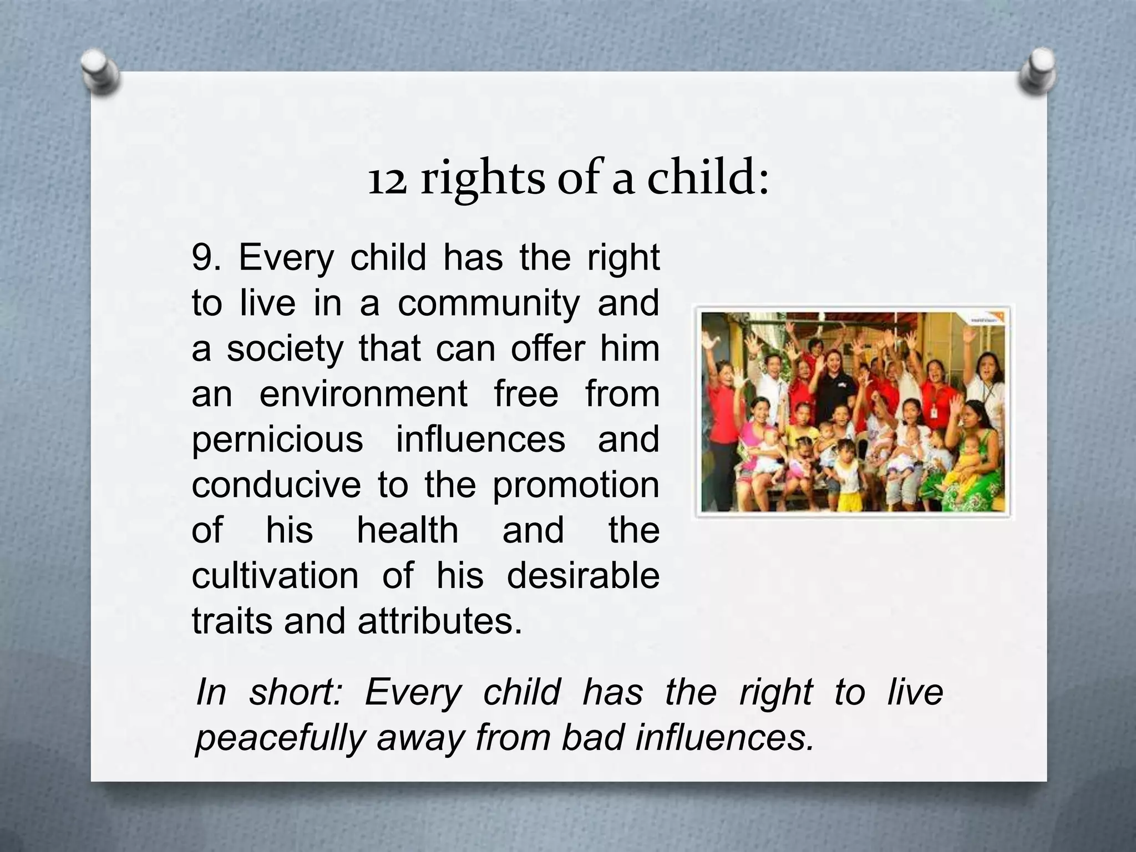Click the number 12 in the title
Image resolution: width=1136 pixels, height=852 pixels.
pos(387,180)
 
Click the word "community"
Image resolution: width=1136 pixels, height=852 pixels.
pos(488,304)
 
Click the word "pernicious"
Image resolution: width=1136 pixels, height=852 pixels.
pos(277,440)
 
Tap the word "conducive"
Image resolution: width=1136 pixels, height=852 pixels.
pos(276,485)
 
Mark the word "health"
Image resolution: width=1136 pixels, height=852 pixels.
pos(407,530)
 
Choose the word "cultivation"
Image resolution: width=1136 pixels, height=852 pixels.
pos(275,575)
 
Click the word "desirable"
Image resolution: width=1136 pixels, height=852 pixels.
pos(583,575)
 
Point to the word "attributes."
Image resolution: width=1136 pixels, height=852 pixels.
pos(440,621)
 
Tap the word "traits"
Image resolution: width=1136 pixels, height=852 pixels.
pos(232,621)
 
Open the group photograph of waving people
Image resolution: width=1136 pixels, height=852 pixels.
pos(853,412)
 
